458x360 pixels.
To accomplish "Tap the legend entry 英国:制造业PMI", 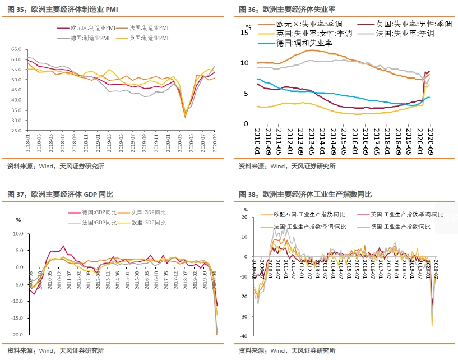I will point(149,38).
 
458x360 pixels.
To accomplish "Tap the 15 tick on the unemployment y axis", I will point(244,33).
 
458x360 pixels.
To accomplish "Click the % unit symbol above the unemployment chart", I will point(248,26).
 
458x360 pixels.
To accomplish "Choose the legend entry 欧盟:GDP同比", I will point(149,223).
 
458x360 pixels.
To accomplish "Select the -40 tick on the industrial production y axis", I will point(244,336).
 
